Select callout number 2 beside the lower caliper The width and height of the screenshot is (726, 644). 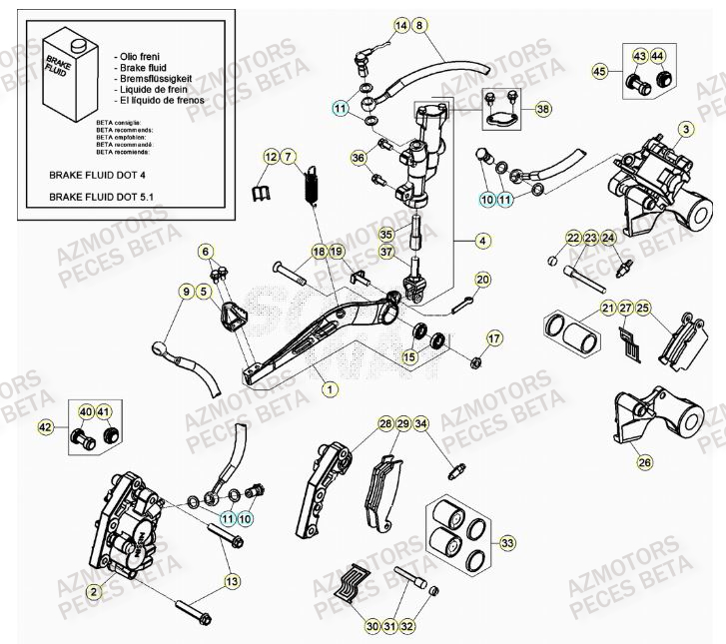click(x=93, y=592)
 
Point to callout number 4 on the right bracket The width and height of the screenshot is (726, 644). click(x=483, y=241)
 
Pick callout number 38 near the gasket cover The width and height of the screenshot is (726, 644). click(x=542, y=110)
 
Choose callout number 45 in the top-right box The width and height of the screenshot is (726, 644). click(x=600, y=71)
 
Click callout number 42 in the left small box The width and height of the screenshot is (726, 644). click(x=44, y=427)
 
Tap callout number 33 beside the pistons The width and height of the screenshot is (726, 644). click(x=508, y=542)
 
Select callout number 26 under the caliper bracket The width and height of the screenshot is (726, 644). click(x=644, y=462)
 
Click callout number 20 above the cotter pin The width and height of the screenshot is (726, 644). click(x=482, y=280)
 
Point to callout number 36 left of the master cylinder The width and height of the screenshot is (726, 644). click(x=359, y=158)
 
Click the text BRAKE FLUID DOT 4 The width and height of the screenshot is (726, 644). click(x=97, y=173)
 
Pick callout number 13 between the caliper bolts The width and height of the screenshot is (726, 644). click(x=232, y=581)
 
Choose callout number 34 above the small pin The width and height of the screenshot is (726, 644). click(x=421, y=425)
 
